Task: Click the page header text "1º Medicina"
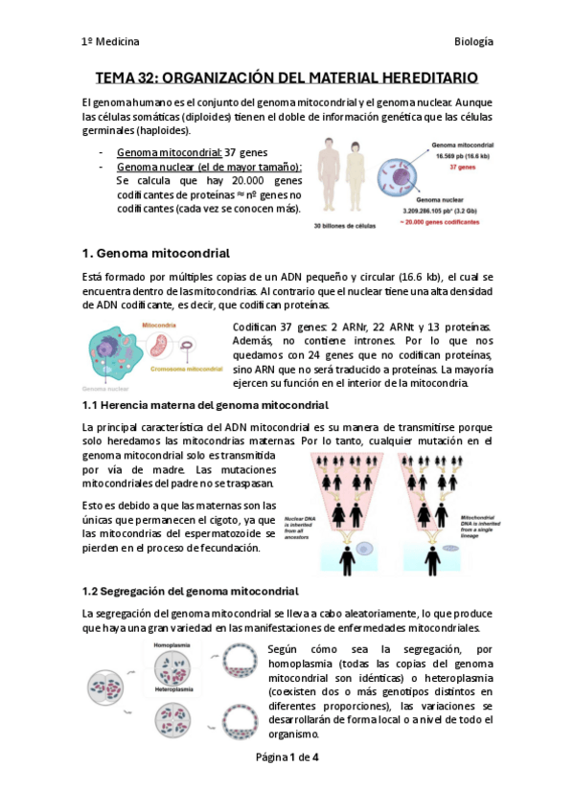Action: click(110, 42)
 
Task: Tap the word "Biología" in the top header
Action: click(473, 42)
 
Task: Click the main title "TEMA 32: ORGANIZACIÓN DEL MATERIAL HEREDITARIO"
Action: click(287, 78)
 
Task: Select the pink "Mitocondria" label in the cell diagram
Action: click(160, 326)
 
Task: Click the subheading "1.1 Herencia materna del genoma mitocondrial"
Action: click(206, 406)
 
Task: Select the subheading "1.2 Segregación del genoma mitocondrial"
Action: click(191, 591)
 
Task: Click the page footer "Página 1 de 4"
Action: click(287, 756)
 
